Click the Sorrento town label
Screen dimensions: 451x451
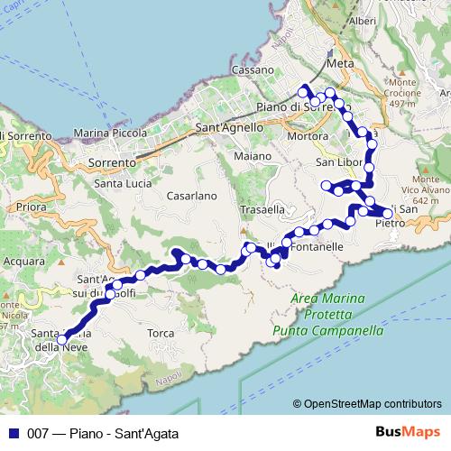pos(112,163)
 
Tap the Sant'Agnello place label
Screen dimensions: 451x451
pos(230,128)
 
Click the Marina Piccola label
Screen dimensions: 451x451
pos(108,133)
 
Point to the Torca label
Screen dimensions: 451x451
pos(161,333)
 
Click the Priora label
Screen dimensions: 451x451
pos(31,207)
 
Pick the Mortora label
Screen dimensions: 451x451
pos(304,136)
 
